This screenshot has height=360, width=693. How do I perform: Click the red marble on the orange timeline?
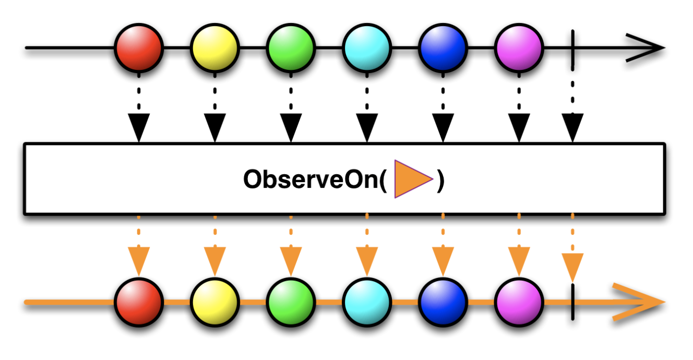coord(139,303)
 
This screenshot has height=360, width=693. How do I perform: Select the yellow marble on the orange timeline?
coord(214,303)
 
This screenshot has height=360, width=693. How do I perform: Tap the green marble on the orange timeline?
coord(291,303)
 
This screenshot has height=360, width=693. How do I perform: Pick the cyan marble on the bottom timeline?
coord(367,303)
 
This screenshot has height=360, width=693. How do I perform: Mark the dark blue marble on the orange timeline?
coord(443,303)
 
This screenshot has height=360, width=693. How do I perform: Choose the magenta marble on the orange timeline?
coord(519,303)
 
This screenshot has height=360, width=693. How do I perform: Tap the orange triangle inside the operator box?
coord(411,179)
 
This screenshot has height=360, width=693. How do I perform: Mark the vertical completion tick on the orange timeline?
coord(573,303)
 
